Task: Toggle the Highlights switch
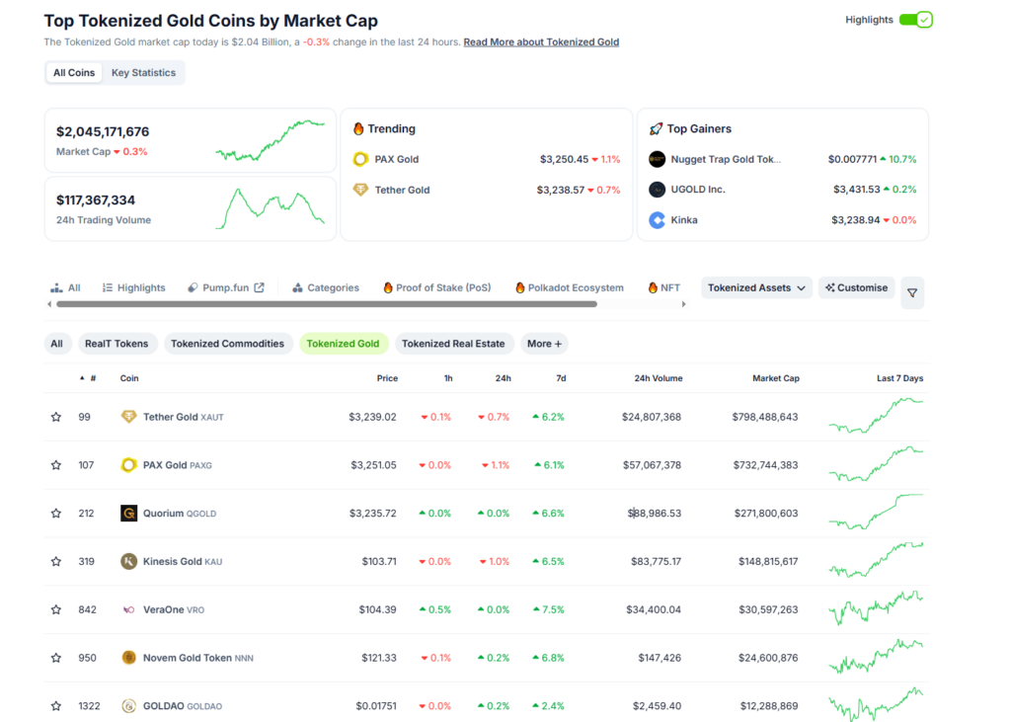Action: click(915, 20)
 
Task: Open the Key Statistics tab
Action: click(143, 73)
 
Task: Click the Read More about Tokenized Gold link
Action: click(541, 42)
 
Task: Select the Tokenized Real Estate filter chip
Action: click(453, 344)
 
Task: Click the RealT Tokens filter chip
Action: click(117, 344)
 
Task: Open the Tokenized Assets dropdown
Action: click(756, 288)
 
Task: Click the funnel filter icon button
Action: click(912, 292)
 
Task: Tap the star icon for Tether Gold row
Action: click(56, 417)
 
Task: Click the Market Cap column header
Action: click(775, 378)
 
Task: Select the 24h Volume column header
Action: click(658, 378)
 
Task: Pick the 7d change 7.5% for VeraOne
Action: click(548, 609)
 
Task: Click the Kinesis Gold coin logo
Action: click(128, 561)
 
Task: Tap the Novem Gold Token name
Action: click(188, 658)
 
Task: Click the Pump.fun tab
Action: click(226, 288)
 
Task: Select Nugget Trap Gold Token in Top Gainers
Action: click(726, 159)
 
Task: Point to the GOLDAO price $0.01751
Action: click(376, 706)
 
